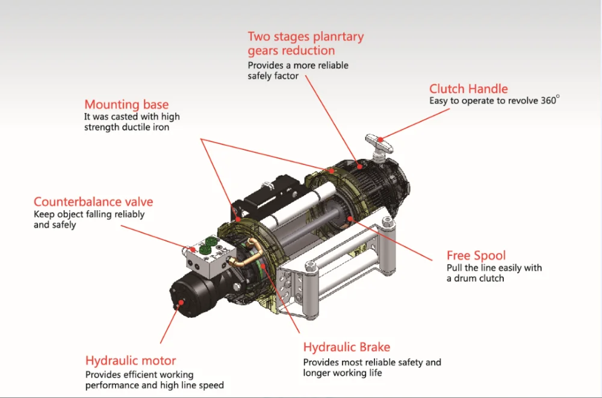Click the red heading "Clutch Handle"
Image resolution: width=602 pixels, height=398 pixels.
tap(468, 89)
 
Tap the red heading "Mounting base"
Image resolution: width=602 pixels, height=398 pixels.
tap(126, 105)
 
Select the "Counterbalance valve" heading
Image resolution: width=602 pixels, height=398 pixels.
tap(93, 202)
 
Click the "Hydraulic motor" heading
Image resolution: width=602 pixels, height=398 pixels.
tap(131, 361)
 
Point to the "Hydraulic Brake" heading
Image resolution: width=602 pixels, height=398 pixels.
tap(347, 347)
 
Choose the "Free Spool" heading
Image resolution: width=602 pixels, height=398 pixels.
tap(476, 256)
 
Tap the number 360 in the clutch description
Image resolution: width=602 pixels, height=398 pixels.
tap(548, 101)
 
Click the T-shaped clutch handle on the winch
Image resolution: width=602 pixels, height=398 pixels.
tap(379, 145)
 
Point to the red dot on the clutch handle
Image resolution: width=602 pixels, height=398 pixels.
tap(380, 140)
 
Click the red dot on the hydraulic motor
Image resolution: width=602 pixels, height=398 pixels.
tap(181, 303)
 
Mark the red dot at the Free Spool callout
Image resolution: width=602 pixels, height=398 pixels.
tap(349, 219)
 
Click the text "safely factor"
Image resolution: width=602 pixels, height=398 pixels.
tap(273, 76)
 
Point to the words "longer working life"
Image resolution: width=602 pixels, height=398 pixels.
tap(343, 373)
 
